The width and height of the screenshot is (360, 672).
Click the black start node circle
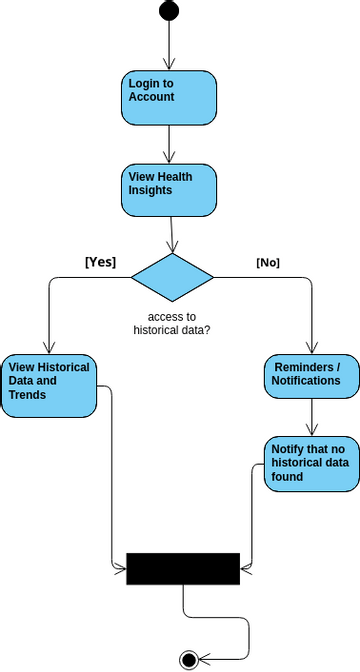point(169,11)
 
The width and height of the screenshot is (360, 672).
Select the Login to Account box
point(169,97)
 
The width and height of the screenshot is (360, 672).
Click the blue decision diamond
point(173,276)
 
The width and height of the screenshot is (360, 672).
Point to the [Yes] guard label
point(100,262)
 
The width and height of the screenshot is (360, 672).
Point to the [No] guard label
point(268,262)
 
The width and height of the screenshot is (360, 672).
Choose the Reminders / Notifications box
point(312,375)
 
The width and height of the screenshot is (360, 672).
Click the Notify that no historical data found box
point(312,463)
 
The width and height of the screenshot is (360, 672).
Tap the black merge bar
point(183,567)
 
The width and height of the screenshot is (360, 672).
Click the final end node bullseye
point(187,658)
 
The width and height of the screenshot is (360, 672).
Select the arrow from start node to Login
point(169,45)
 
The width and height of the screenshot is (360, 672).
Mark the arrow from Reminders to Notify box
point(312,417)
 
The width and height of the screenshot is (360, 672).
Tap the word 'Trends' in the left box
point(27,395)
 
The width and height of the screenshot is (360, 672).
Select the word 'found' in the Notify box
point(287,477)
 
